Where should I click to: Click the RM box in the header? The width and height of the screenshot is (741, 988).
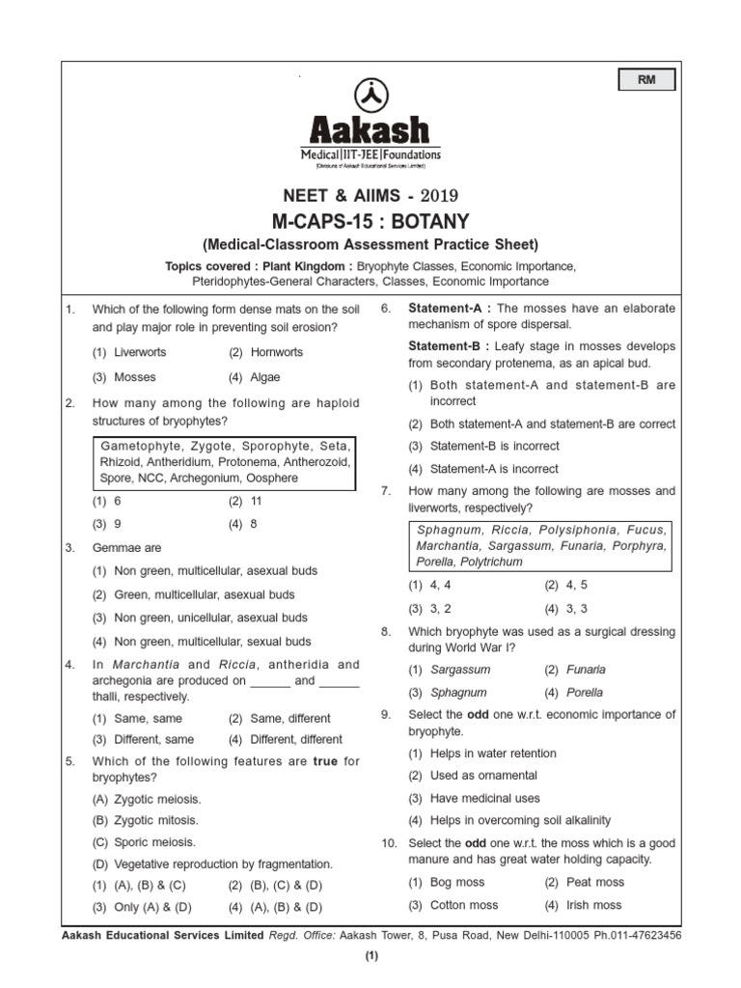pos(645,80)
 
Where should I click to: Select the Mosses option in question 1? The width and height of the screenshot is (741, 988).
pos(134,377)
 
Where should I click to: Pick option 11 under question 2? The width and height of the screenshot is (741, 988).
pos(256,502)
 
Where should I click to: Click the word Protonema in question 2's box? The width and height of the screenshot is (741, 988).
pos(217,462)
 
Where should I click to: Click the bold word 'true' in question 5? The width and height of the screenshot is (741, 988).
pos(326,761)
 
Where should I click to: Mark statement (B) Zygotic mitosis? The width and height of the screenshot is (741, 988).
pos(146,820)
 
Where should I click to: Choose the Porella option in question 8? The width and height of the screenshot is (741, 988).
pos(585,693)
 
